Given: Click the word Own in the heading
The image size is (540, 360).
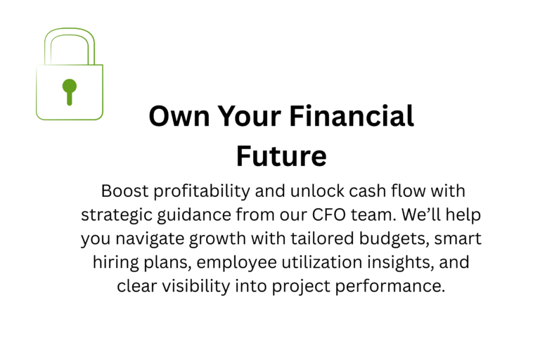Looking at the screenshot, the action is coord(179,116).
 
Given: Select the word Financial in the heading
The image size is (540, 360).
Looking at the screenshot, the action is coord(352,116).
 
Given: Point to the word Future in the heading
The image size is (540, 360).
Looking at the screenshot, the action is coord(281,156).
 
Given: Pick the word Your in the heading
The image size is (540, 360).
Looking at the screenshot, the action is coord(250,116).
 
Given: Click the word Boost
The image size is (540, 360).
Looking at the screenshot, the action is coord(124,191).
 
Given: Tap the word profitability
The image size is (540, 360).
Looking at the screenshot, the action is coord(202,191).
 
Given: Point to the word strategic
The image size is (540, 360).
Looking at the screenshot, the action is coord(117,215).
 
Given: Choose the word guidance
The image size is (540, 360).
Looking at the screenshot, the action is coord(194,215).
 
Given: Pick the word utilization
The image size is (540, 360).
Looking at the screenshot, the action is coord(321,262).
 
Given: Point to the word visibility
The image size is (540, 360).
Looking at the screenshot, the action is coord(196,287).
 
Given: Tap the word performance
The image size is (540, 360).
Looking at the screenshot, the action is coord(390,287).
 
